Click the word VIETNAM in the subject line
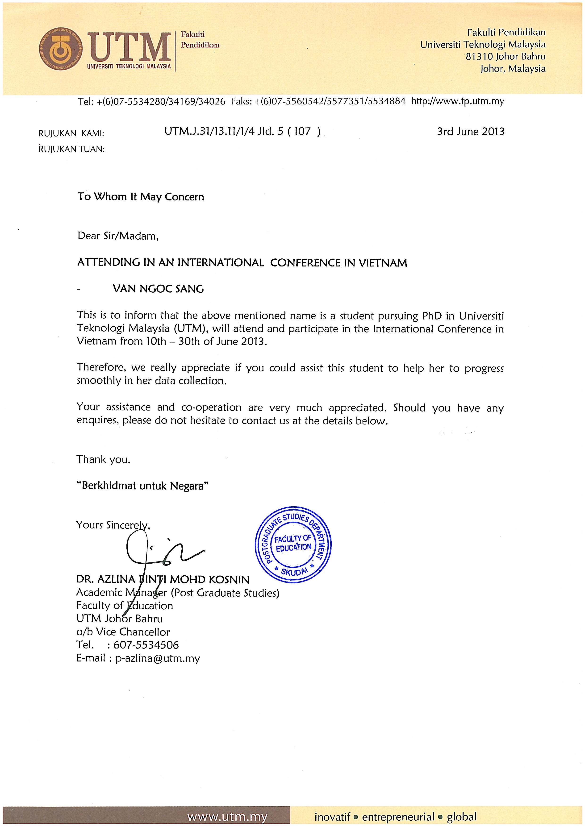tap(383, 263)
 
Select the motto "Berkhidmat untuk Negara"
tap(143, 486)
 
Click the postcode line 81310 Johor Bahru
tap(506, 57)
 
